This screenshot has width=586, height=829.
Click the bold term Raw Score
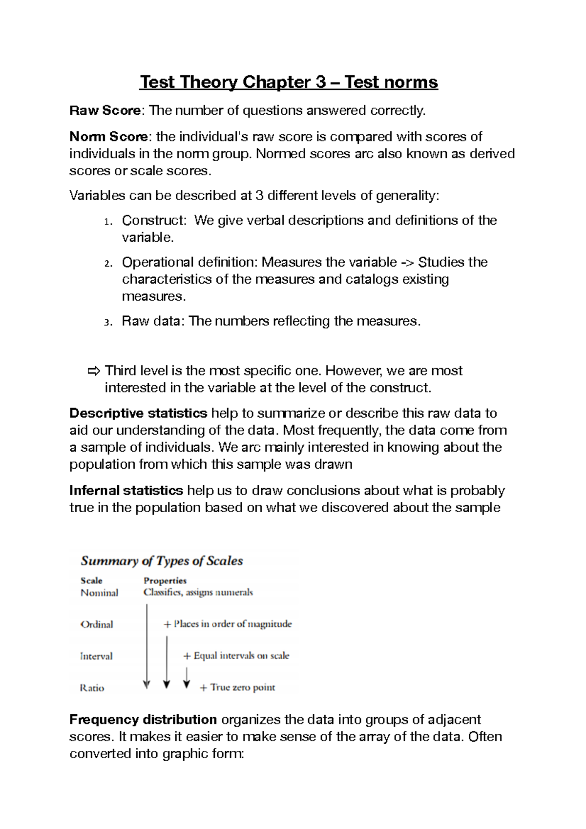pos(105,111)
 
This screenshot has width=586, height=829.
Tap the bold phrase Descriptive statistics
pos(138,413)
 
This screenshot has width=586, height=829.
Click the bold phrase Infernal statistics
pos(126,490)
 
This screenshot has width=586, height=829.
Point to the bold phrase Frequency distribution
pos(143,719)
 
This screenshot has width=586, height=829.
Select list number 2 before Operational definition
pos(108,263)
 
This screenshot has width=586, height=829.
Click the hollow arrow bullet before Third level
pos(93,371)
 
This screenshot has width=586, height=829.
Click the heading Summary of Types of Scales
pos(162,560)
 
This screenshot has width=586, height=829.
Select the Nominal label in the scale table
pos(99,593)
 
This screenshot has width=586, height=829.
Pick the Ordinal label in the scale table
pos(97,624)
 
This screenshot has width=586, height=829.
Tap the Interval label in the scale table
pos(96,656)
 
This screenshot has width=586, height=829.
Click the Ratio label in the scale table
pos(92,688)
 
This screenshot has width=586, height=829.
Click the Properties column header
pos(165,580)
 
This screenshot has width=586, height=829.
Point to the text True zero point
pos(243,687)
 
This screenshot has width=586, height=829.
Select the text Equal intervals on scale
pos(241,656)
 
